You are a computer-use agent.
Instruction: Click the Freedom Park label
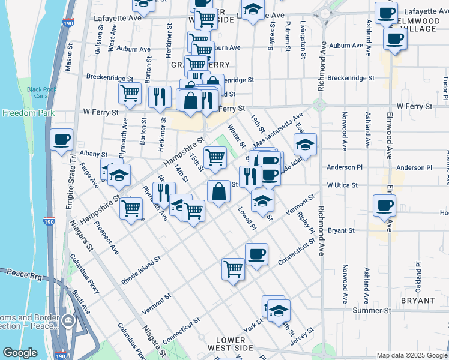tap(28, 113)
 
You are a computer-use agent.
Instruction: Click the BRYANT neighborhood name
tap(418, 300)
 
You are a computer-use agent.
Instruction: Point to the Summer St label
tap(372, 310)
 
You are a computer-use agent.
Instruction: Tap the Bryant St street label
tap(342, 230)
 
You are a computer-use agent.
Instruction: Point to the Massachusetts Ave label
tap(278, 131)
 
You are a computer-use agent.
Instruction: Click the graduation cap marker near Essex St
tap(305, 145)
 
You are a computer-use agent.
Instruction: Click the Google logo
tap(21, 353)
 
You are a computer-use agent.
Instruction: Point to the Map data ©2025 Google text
tap(411, 355)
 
